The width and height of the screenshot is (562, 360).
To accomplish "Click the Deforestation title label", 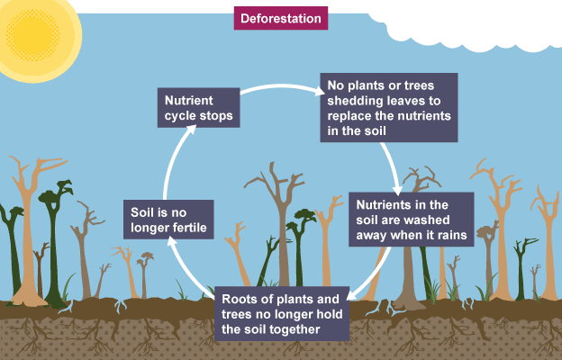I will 280,18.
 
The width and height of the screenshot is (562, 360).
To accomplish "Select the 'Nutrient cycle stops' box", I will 197,108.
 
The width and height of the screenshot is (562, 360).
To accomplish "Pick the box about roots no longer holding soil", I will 281,314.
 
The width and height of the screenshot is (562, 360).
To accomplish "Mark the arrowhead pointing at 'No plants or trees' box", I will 316,90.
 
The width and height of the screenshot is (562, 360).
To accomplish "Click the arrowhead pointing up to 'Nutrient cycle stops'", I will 192,132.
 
